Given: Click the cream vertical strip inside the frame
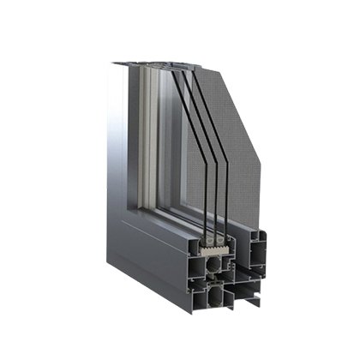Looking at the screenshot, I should [x=155, y=129].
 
